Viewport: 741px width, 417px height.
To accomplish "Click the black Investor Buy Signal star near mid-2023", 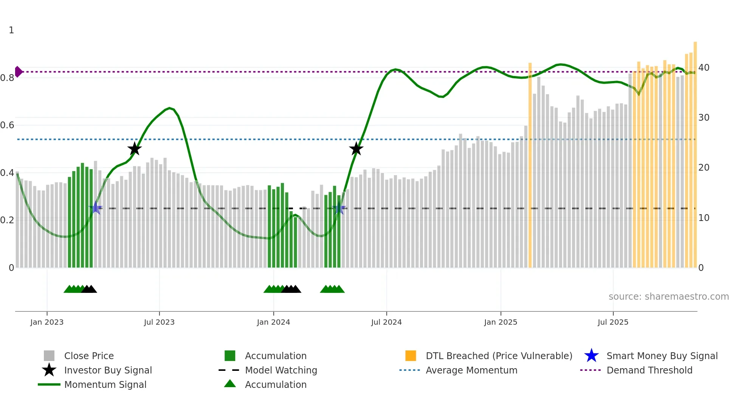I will (134, 149).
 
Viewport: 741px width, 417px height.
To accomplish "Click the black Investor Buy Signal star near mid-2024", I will (356, 149).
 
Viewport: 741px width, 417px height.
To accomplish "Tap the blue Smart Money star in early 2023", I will (96, 208).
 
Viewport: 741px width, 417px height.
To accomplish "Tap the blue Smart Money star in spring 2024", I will (339, 208).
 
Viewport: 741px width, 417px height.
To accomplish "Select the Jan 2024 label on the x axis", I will (273, 322).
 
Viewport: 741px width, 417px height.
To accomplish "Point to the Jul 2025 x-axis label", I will (613, 322).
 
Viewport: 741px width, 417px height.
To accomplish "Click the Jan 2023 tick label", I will (47, 322).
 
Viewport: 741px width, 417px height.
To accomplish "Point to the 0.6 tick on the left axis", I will (8, 125).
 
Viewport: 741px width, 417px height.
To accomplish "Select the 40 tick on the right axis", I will (704, 68).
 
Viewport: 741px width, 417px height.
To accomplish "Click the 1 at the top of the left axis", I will (11, 30).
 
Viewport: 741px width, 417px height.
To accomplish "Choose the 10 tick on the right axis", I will (704, 218).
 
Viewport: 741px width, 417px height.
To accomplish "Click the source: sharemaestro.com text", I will (668, 297).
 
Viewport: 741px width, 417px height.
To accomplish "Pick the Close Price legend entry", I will (89, 356).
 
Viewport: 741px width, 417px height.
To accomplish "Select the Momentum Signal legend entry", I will (105, 384).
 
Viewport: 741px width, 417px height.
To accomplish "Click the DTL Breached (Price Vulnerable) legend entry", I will (499, 356).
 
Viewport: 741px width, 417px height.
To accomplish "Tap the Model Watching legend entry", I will (281, 370).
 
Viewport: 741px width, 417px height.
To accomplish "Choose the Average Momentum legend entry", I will (471, 370).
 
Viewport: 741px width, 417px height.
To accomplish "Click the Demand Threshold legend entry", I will (649, 370).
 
